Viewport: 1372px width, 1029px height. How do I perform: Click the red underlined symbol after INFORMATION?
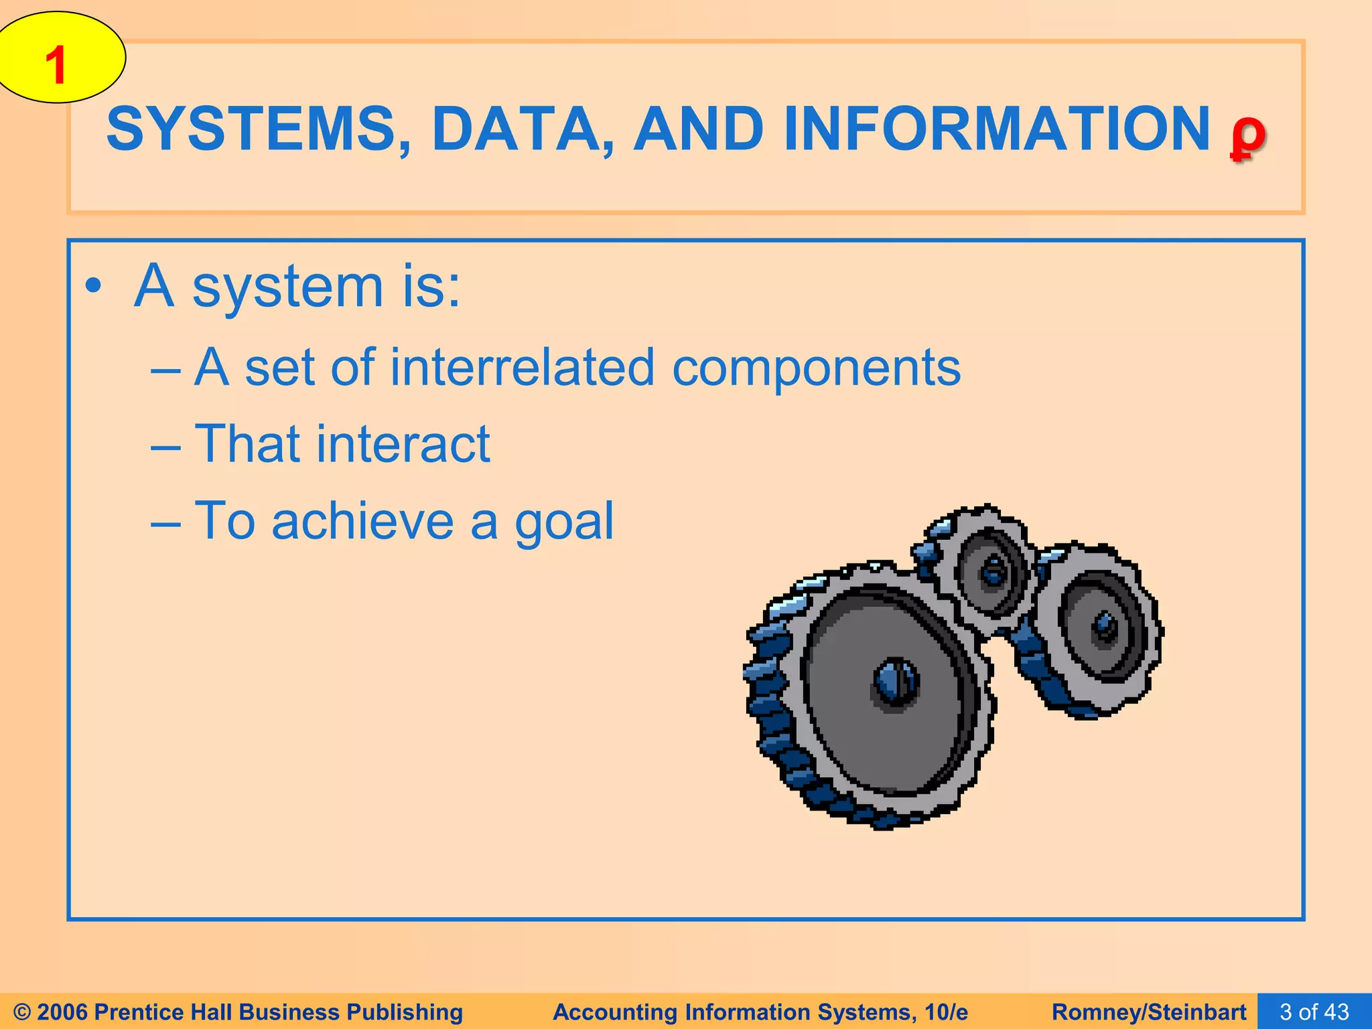[x=1247, y=134]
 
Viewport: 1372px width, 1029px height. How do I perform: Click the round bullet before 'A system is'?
[x=94, y=287]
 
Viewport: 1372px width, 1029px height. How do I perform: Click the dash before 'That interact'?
[x=165, y=445]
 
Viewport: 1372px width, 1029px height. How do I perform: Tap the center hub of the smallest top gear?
[x=993, y=571]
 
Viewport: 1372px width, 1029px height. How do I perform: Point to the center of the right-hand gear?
[x=1104, y=626]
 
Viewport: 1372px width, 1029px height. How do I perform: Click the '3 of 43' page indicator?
[x=1314, y=1012]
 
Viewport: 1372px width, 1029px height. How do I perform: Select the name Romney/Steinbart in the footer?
[x=1149, y=1012]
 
